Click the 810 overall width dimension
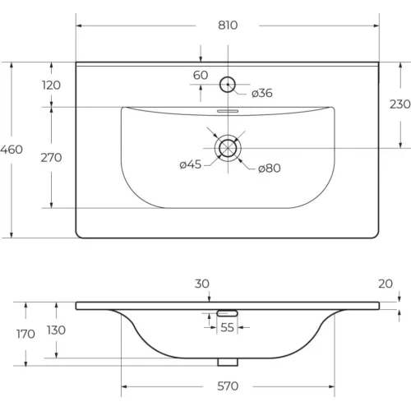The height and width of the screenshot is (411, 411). point(228,25)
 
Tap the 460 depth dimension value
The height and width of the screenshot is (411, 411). point(12,150)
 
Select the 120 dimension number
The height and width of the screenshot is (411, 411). point(51,85)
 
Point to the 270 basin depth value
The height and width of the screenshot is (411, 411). point(51,158)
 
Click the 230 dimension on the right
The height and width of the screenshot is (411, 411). point(400,104)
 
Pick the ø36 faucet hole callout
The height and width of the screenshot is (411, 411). point(262,93)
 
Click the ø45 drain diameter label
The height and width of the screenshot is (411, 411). point(191,164)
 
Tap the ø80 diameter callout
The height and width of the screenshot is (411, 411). point(270,168)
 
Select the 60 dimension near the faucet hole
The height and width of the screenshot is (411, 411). point(201,75)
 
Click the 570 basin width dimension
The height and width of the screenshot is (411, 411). point(228,386)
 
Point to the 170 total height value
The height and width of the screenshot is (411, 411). point(25,334)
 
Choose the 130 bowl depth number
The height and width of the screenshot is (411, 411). point(56,330)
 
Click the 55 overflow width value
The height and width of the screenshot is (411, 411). point(227,327)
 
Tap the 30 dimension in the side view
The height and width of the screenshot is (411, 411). point(202,284)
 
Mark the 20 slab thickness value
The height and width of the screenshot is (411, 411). point(386,284)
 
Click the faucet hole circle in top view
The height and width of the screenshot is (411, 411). point(228,76)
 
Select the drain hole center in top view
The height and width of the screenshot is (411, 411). point(228,148)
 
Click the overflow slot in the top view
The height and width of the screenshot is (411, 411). point(228,111)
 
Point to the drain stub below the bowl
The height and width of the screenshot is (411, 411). point(228,362)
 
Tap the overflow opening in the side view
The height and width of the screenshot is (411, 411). point(227,313)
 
